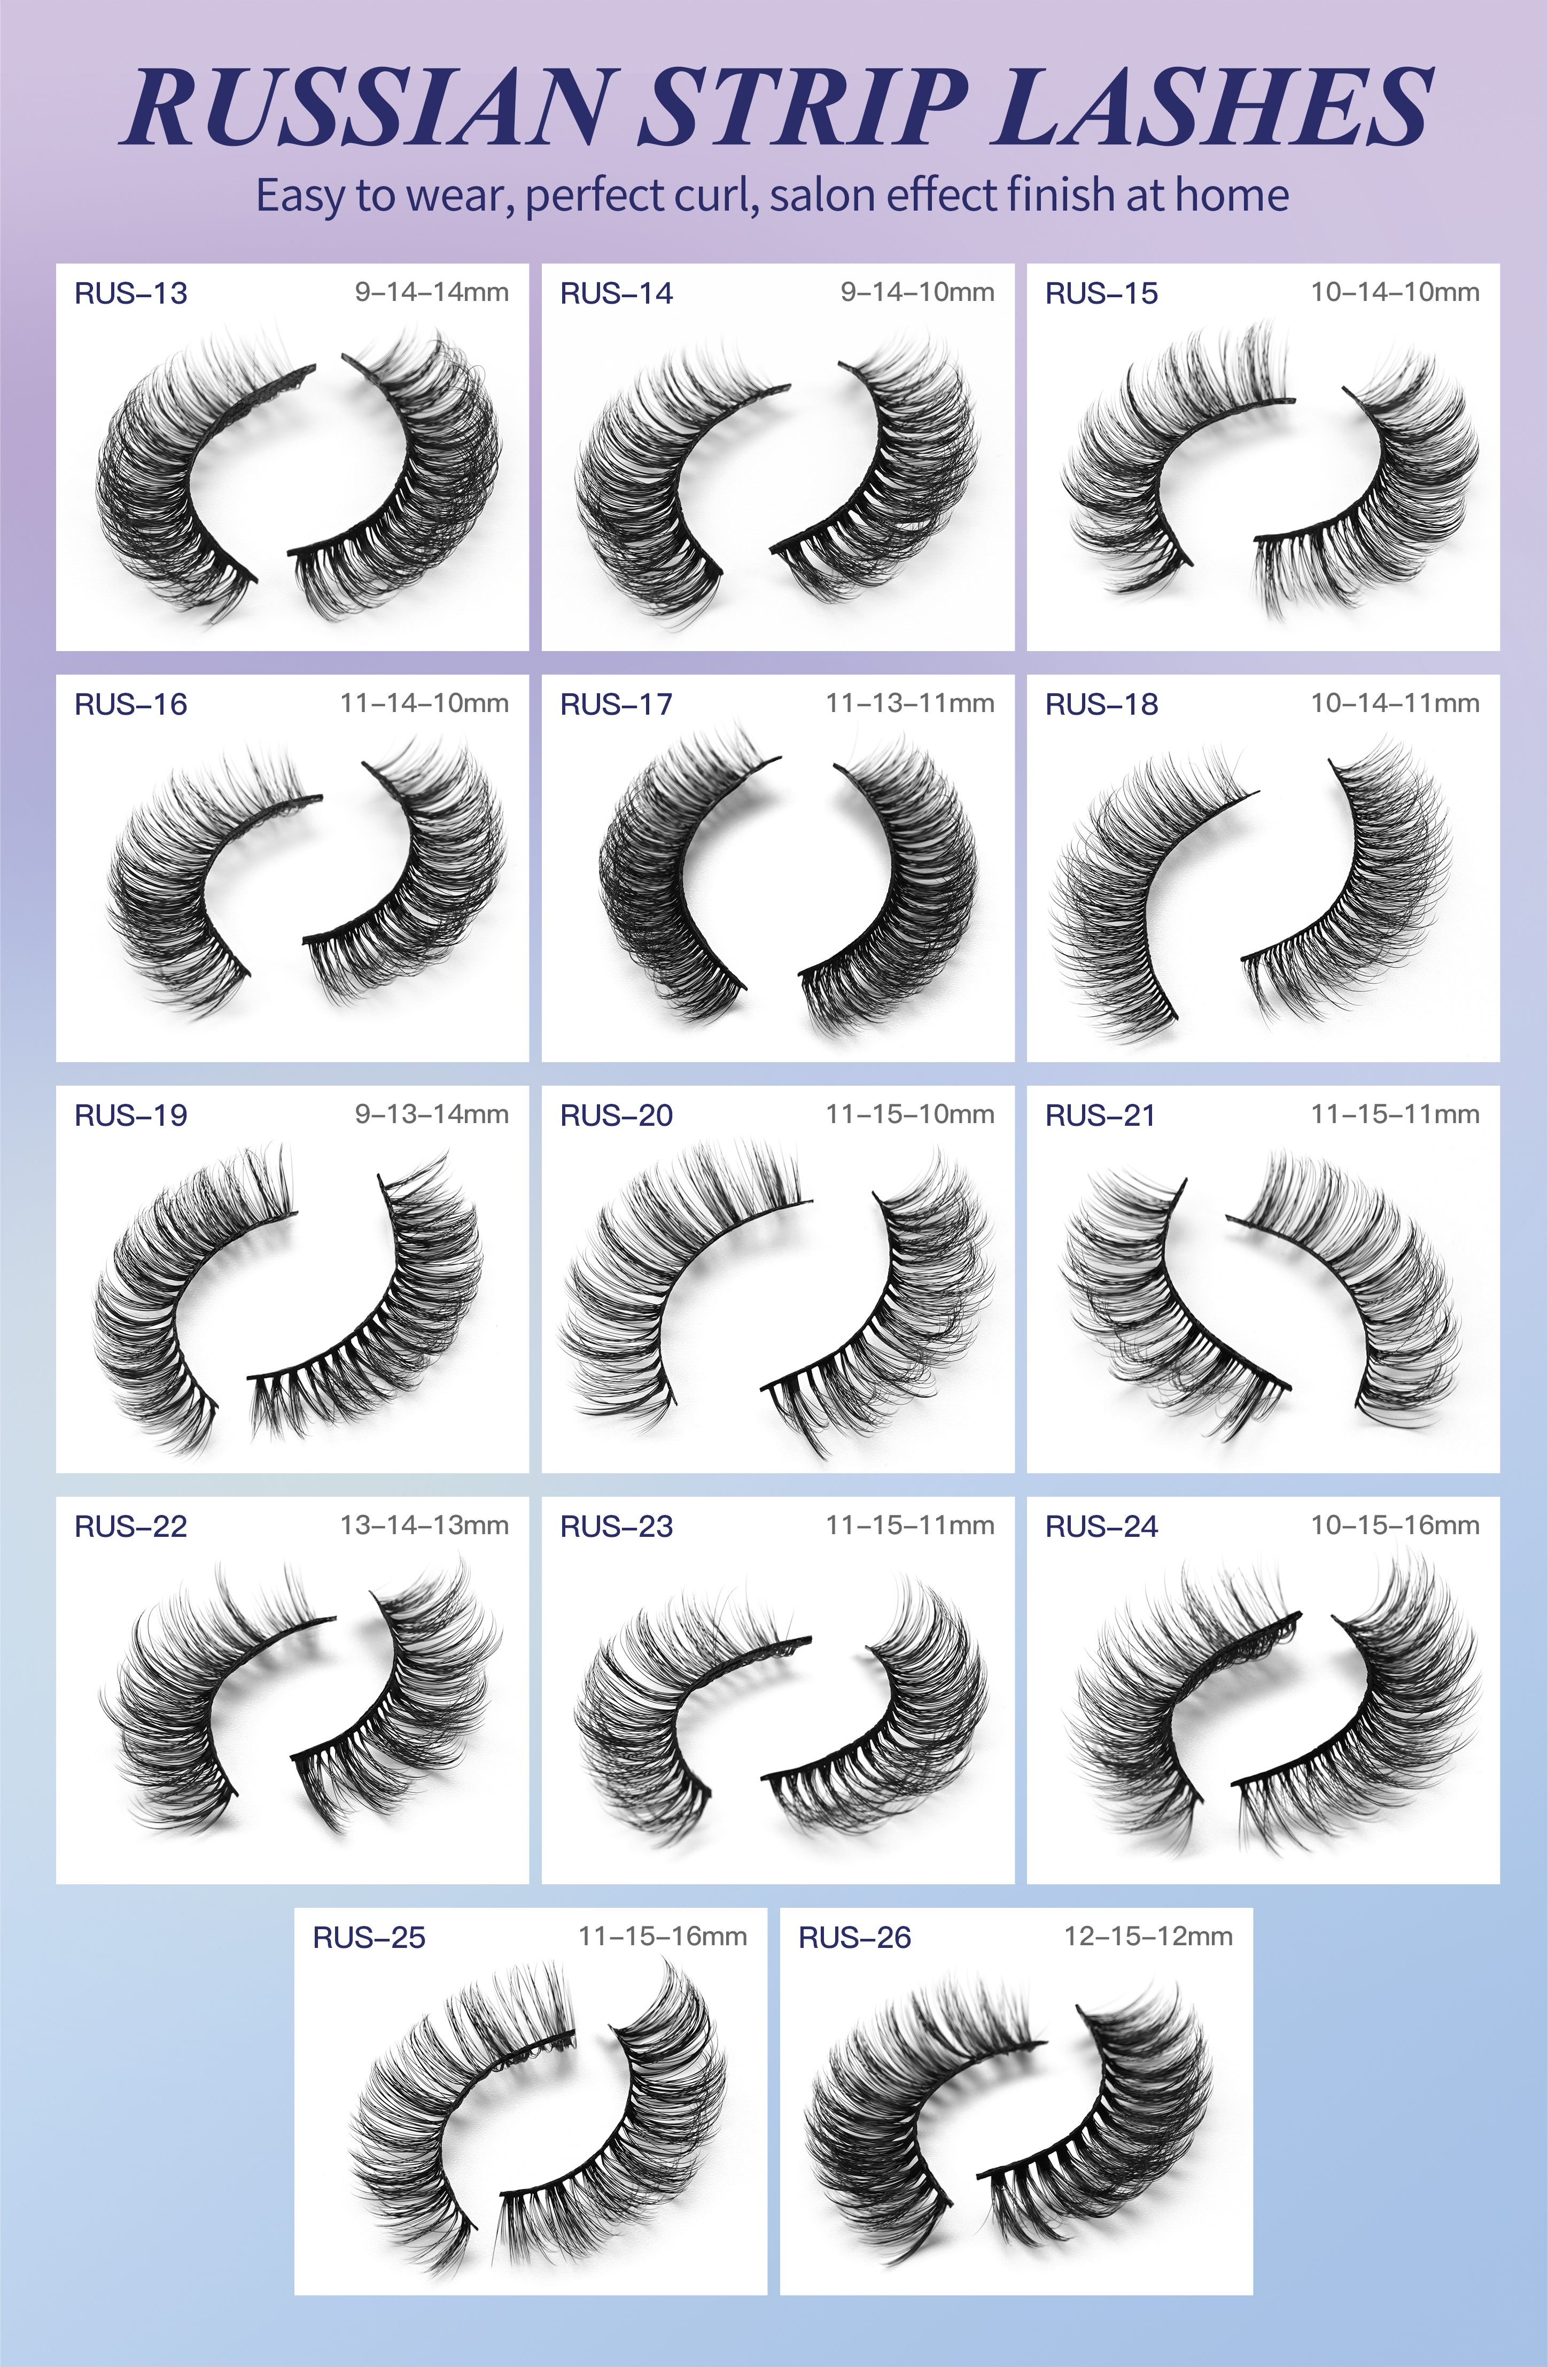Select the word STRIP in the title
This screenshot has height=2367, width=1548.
(803, 107)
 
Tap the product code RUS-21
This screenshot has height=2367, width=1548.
(1101, 1115)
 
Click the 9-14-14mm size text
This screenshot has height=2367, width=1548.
(432, 292)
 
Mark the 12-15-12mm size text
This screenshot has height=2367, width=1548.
(1148, 1936)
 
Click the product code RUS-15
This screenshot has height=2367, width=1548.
(1102, 293)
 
